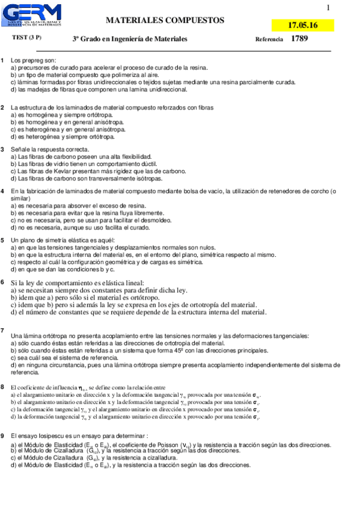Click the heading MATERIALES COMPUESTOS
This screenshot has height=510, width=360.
165,20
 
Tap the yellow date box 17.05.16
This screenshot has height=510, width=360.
302,25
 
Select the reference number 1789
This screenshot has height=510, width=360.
299,38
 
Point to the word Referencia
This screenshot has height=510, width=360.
269,39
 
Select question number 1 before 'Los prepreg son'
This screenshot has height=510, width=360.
3,61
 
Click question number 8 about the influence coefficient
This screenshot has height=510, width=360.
3,387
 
